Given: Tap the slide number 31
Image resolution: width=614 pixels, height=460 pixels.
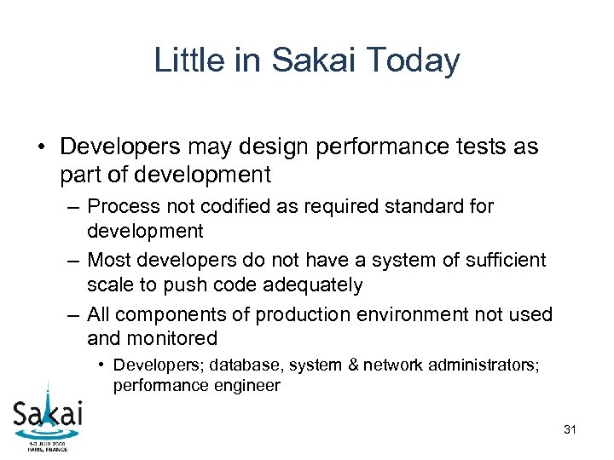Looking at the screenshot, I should (570, 430).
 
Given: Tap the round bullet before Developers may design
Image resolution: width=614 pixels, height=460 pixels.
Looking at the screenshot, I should (41, 147).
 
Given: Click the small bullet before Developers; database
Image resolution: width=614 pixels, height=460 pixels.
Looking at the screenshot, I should (101, 365).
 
